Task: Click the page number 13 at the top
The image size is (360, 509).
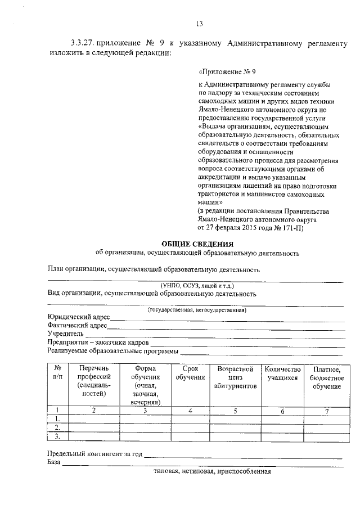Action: (x=199, y=23)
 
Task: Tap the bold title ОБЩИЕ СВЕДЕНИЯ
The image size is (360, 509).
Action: (x=197, y=244)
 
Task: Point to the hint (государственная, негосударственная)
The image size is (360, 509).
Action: (x=197, y=310)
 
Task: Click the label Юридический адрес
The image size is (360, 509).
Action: (x=79, y=318)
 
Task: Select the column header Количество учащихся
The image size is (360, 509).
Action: (x=283, y=373)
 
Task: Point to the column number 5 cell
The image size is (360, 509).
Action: (x=235, y=411)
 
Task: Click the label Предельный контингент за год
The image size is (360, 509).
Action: (x=94, y=454)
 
